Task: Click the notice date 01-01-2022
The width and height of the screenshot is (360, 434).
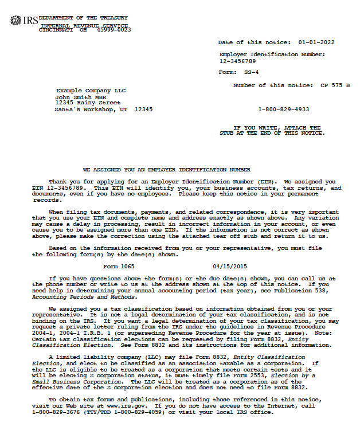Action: pos(316,42)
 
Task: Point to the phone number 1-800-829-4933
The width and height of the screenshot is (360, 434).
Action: pos(283,109)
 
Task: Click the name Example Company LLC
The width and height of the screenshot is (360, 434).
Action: pos(91,91)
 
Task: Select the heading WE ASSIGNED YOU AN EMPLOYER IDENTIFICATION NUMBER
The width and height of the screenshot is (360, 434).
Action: pos(167,170)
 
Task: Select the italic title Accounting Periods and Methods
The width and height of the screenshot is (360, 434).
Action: pos(84,297)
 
